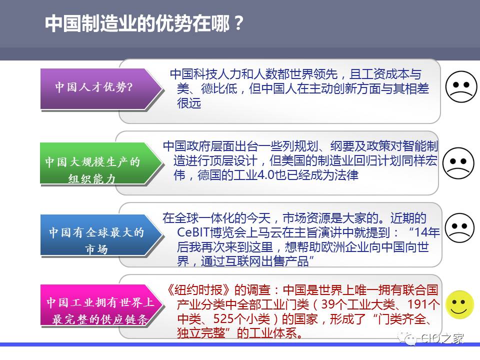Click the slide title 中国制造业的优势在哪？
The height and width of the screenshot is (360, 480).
[x=144, y=23]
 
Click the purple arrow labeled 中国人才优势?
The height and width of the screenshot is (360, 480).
[x=101, y=89]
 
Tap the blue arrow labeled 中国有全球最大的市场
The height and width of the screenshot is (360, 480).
[x=101, y=235]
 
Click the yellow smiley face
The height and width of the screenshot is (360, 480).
[x=459, y=304]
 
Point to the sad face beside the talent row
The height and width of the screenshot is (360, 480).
[x=461, y=86]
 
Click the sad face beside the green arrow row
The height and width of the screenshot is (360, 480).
[x=458, y=163]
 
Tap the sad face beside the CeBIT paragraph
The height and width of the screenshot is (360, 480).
[x=459, y=228]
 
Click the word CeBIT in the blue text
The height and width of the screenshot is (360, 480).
[x=193, y=232]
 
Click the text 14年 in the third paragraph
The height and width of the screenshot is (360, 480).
[x=427, y=232]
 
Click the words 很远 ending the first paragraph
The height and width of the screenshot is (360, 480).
[x=189, y=103]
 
